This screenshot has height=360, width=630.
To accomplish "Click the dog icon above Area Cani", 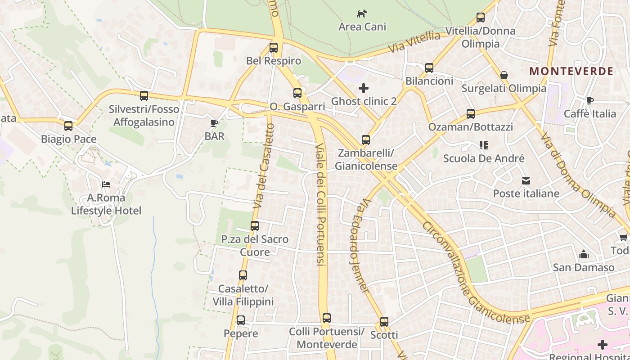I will pyautogui.click(x=362, y=13).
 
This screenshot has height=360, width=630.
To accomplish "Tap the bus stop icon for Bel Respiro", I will pyautogui.click(x=274, y=48).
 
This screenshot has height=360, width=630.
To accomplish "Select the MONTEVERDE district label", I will pyautogui.click(x=571, y=71).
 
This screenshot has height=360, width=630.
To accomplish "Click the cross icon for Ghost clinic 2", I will pyautogui.click(x=364, y=88).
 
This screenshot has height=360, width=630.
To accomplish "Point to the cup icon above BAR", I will pyautogui.click(x=214, y=123).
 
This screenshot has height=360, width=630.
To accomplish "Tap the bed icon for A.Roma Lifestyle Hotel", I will pyautogui.click(x=106, y=184).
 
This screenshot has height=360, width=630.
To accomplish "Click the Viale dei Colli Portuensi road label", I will pyautogui.click(x=320, y=205).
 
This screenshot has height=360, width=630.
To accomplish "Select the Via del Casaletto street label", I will pyautogui.click(x=264, y=166).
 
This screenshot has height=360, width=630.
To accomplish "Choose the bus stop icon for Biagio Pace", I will pyautogui.click(x=68, y=126).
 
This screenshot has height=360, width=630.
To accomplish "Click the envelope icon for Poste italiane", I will pyautogui.click(x=526, y=181).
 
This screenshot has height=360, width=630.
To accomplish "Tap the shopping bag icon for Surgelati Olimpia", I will pyautogui.click(x=504, y=75).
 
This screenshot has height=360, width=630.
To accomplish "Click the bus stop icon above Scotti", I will pyautogui.click(x=384, y=322).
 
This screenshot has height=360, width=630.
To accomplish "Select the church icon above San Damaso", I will pyautogui.click(x=584, y=255).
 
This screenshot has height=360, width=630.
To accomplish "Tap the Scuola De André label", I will pyautogui.click(x=484, y=158).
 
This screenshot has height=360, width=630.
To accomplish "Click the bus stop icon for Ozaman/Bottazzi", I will pyautogui.click(x=471, y=114).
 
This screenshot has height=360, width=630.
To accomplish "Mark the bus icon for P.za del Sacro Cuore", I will pyautogui.click(x=255, y=226).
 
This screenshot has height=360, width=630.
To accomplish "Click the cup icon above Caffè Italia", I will pyautogui.click(x=589, y=101).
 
